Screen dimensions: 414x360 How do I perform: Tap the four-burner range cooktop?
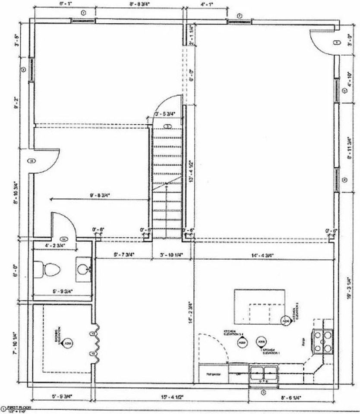324,341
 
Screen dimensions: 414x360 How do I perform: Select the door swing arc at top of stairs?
168,106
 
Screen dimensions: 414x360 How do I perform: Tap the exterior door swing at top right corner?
321,41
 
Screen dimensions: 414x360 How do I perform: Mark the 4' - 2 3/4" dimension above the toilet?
55,245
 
